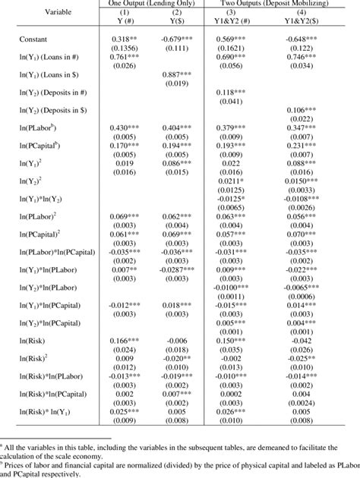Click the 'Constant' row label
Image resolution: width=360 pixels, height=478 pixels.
(39, 37)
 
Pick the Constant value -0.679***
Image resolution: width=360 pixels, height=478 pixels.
(176, 37)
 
